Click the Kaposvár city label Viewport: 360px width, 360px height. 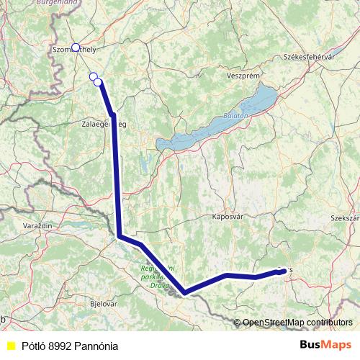(x=229, y=215)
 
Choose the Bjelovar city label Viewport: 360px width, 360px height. (x=102, y=304)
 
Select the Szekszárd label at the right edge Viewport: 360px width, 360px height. (x=345, y=217)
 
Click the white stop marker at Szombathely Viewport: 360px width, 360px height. (x=76, y=48)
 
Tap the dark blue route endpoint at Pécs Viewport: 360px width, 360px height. (x=279, y=271)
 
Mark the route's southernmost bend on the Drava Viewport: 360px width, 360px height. (x=186, y=292)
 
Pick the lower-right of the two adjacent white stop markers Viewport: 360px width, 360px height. (x=98, y=81)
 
